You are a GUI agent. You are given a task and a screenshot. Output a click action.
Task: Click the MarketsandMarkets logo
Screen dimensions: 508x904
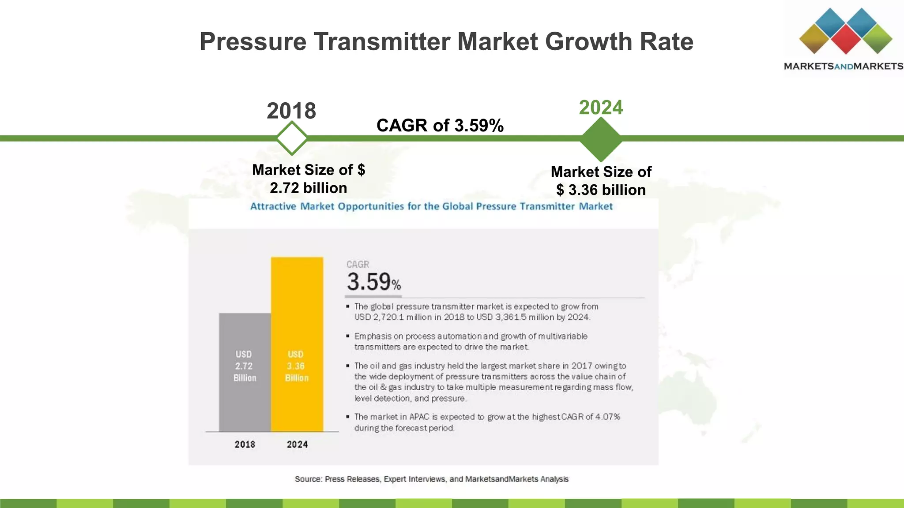click(844, 40)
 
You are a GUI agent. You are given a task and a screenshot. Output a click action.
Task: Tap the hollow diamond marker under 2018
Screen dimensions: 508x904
click(292, 138)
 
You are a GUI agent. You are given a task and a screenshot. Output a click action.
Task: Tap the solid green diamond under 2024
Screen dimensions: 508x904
click(600, 139)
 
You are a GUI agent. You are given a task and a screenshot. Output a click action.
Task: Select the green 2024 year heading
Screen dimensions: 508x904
click(601, 108)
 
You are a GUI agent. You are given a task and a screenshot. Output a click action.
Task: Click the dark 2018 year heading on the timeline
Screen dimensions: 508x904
click(291, 111)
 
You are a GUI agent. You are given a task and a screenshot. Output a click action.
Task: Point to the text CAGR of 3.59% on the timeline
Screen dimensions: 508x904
click(440, 126)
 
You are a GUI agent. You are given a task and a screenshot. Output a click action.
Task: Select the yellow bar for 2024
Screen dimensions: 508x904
click(297, 344)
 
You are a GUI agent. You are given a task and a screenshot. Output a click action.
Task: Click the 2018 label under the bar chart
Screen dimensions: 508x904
click(245, 444)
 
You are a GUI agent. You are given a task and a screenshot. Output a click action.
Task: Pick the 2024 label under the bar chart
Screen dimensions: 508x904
click(297, 444)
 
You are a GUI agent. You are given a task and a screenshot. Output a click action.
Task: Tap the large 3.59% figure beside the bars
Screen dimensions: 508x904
click(373, 282)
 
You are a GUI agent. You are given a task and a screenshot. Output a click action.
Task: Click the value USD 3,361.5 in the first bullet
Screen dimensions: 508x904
click(502, 317)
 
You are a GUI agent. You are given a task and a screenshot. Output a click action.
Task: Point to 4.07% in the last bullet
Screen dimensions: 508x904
click(608, 417)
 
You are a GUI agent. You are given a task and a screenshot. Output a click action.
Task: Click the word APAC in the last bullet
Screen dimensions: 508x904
click(419, 417)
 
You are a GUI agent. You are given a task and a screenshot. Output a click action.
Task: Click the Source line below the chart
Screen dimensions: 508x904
click(431, 479)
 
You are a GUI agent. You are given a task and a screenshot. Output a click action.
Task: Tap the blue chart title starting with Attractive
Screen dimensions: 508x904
click(431, 206)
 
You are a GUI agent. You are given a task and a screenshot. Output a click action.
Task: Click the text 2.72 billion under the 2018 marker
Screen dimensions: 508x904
click(308, 188)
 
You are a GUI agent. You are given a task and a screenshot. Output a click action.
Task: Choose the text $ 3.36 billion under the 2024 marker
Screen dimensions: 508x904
click(601, 190)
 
